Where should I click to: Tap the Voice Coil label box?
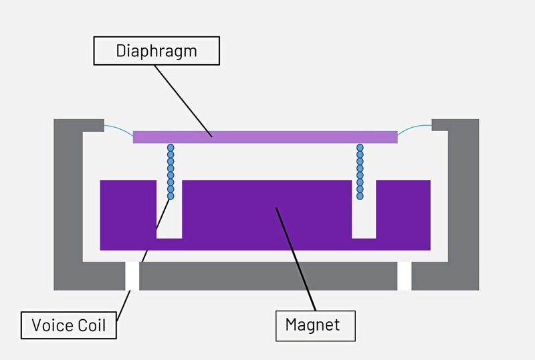(x=68, y=326)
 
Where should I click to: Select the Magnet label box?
(x=315, y=325)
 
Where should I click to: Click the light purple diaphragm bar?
(x=265, y=137)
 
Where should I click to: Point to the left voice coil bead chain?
(x=171, y=172)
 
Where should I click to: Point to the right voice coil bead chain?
(x=360, y=172)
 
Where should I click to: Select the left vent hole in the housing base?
(x=132, y=276)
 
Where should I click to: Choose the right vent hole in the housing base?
(x=404, y=276)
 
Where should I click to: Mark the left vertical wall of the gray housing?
(x=68, y=201)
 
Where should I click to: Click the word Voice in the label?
(x=52, y=326)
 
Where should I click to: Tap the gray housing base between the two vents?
(x=267, y=276)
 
